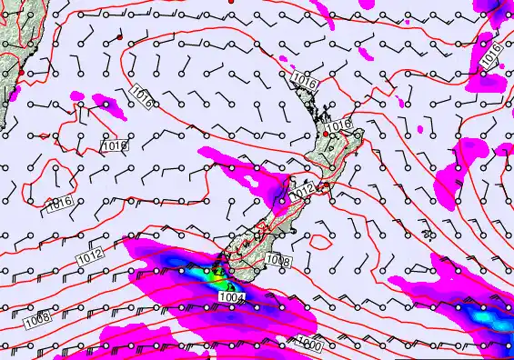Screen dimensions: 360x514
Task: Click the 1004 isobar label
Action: pos(232,296)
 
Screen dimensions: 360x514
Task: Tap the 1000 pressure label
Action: pos(308,344)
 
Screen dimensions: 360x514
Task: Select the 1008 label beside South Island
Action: pos(279,262)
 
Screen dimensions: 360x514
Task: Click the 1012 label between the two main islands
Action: pos(303,189)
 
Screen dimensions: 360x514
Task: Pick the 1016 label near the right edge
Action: pos(489,56)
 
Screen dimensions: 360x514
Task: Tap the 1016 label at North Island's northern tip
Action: pos(305,83)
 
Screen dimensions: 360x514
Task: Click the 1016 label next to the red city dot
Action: pos(341,125)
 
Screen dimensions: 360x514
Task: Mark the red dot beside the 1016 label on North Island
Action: pos(327,135)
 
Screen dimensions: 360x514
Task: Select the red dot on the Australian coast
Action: pos(20,70)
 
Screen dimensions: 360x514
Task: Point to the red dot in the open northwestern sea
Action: pos(119,38)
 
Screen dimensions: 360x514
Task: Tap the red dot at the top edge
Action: pos(231,2)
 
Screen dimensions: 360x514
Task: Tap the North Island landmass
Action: pos(332,155)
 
